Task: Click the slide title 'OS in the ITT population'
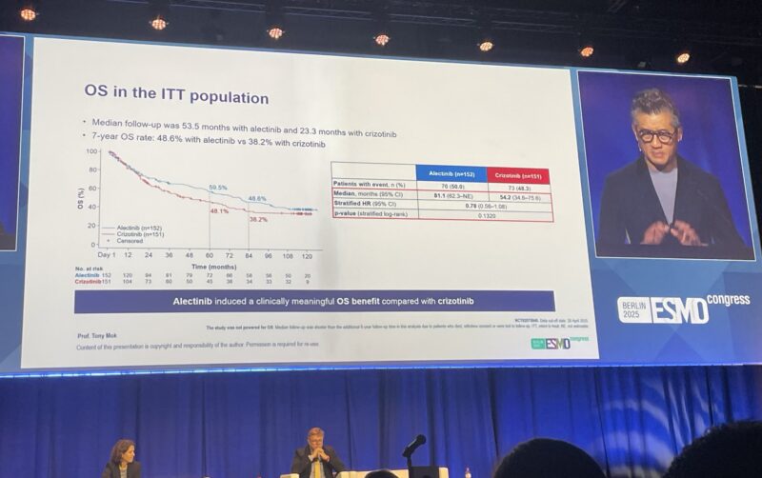click(175, 97)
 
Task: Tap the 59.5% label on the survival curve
click(218, 188)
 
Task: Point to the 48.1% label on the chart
click(218, 211)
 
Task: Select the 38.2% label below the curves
click(257, 219)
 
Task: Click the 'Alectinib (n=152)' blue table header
click(451, 173)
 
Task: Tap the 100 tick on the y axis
click(91, 151)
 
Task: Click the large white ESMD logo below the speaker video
click(681, 310)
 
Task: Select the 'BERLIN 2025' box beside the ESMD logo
click(634, 309)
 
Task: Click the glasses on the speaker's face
click(656, 135)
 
